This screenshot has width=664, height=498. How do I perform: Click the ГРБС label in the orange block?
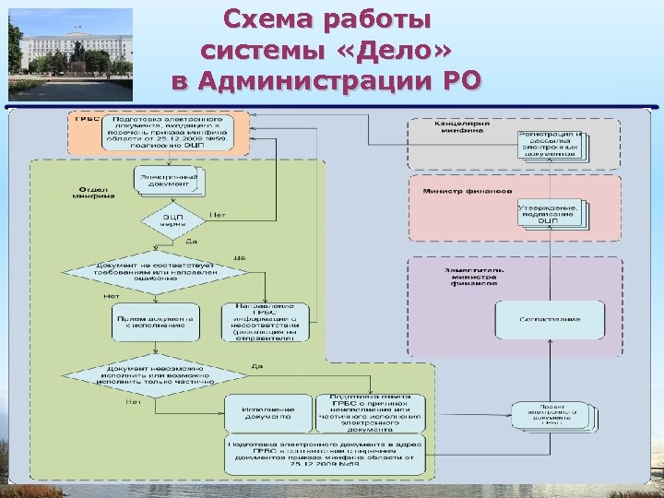[x=88, y=120]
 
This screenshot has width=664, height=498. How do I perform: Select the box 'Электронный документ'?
[x=169, y=181]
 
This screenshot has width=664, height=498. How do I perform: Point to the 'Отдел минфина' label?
[x=92, y=192]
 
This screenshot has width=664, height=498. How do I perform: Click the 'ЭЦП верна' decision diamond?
[x=172, y=219]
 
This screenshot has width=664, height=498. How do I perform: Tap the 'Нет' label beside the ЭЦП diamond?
[x=217, y=214]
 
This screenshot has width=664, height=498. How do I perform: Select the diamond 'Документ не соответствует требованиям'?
[x=154, y=272]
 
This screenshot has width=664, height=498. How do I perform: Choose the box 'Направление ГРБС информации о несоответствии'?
[x=264, y=322]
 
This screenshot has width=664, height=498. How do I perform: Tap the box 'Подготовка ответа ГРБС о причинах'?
[x=370, y=412]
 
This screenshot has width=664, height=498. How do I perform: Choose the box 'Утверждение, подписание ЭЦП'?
[x=548, y=213]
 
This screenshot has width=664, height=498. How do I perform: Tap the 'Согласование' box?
[x=550, y=319]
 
